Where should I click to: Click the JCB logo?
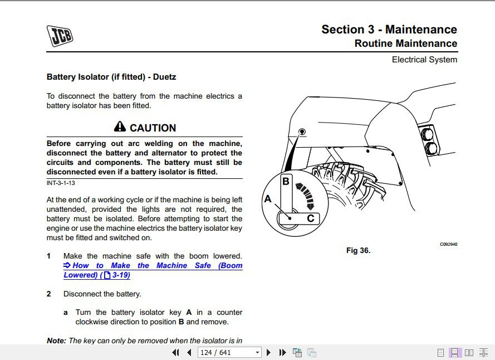pos(60,36)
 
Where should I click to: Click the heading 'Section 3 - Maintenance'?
pos(389,30)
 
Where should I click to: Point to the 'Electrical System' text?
pos(424,60)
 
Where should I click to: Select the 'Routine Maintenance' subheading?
pos(405,43)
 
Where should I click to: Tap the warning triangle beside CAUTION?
pos(120,127)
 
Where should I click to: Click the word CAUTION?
pos(153,128)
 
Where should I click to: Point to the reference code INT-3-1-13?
pos(61,183)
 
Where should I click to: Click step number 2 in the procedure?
pos(49,294)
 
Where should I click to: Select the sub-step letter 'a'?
pos(66,313)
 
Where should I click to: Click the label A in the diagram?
pos(268,199)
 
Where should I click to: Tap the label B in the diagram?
pos(286,182)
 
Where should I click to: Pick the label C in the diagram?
pos(310,218)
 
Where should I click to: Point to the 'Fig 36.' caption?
pos(358,250)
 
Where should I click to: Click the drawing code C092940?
pos(448,244)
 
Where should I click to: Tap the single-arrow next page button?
pos(268,352)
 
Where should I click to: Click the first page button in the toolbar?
pos(175,352)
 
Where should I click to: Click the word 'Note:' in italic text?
pos(56,340)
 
